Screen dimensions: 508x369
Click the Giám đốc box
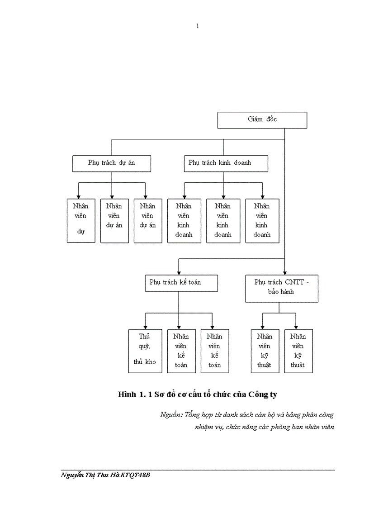262,120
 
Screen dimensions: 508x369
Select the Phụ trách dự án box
111,163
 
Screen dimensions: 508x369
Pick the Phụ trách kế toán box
181,282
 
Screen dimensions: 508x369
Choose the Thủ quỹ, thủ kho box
145,351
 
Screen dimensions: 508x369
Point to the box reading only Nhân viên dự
81,220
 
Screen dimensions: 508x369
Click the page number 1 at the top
197,26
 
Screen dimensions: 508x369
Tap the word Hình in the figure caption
127,394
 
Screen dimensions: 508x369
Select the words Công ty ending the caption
263,394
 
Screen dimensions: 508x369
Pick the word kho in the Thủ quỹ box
150,362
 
